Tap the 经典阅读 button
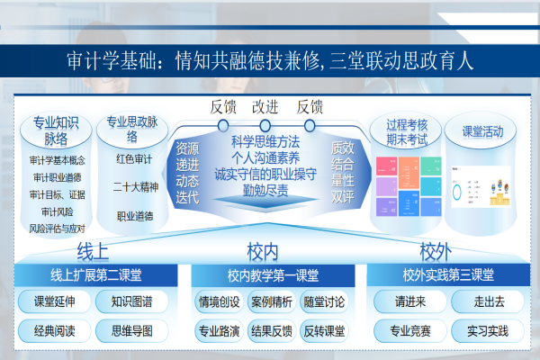pos(54,331)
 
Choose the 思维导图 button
pos(131,331)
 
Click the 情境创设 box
pos(219,301)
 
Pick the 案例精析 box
pos(271,301)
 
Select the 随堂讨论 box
pos(324,301)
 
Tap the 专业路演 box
pos(219,331)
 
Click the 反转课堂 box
pos(324,331)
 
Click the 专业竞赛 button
pos(409,331)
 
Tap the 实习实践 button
pos(489,331)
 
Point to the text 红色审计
pos(134,160)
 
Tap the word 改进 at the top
pos(265,105)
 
